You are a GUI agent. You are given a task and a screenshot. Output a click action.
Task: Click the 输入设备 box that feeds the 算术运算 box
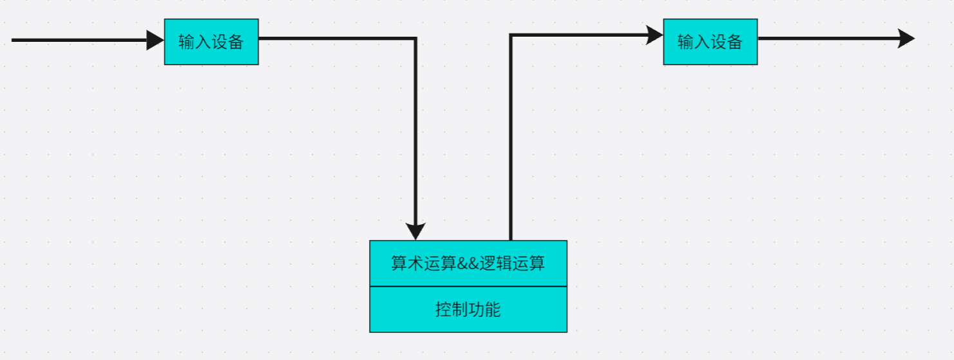point(211,42)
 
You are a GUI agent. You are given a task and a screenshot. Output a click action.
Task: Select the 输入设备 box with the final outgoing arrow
point(710,42)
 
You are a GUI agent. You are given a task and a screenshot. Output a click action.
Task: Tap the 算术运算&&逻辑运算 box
point(468,263)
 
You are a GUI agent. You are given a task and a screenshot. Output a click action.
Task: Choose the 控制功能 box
point(468,310)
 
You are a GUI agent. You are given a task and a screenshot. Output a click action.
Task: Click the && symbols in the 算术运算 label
point(468,263)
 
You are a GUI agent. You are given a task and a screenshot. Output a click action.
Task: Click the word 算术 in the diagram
point(407,263)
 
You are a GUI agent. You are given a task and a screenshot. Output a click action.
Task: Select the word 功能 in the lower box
point(484,310)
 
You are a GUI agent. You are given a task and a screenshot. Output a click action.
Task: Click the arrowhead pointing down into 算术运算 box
point(415,231)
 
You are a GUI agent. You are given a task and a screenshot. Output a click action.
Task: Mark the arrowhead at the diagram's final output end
point(906,39)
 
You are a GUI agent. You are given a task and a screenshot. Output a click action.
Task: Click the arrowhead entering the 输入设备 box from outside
point(155,40)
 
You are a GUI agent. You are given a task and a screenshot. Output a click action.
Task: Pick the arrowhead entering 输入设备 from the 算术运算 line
point(654,35)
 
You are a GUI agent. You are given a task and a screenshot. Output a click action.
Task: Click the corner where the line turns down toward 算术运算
point(415,39)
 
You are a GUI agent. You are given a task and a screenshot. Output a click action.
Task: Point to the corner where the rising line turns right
point(511,35)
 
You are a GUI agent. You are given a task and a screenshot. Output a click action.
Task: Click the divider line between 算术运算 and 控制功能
point(468,286)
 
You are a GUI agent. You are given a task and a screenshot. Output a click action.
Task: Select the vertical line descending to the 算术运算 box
point(415,129)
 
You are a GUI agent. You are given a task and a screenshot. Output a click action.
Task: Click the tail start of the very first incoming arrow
point(14,40)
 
